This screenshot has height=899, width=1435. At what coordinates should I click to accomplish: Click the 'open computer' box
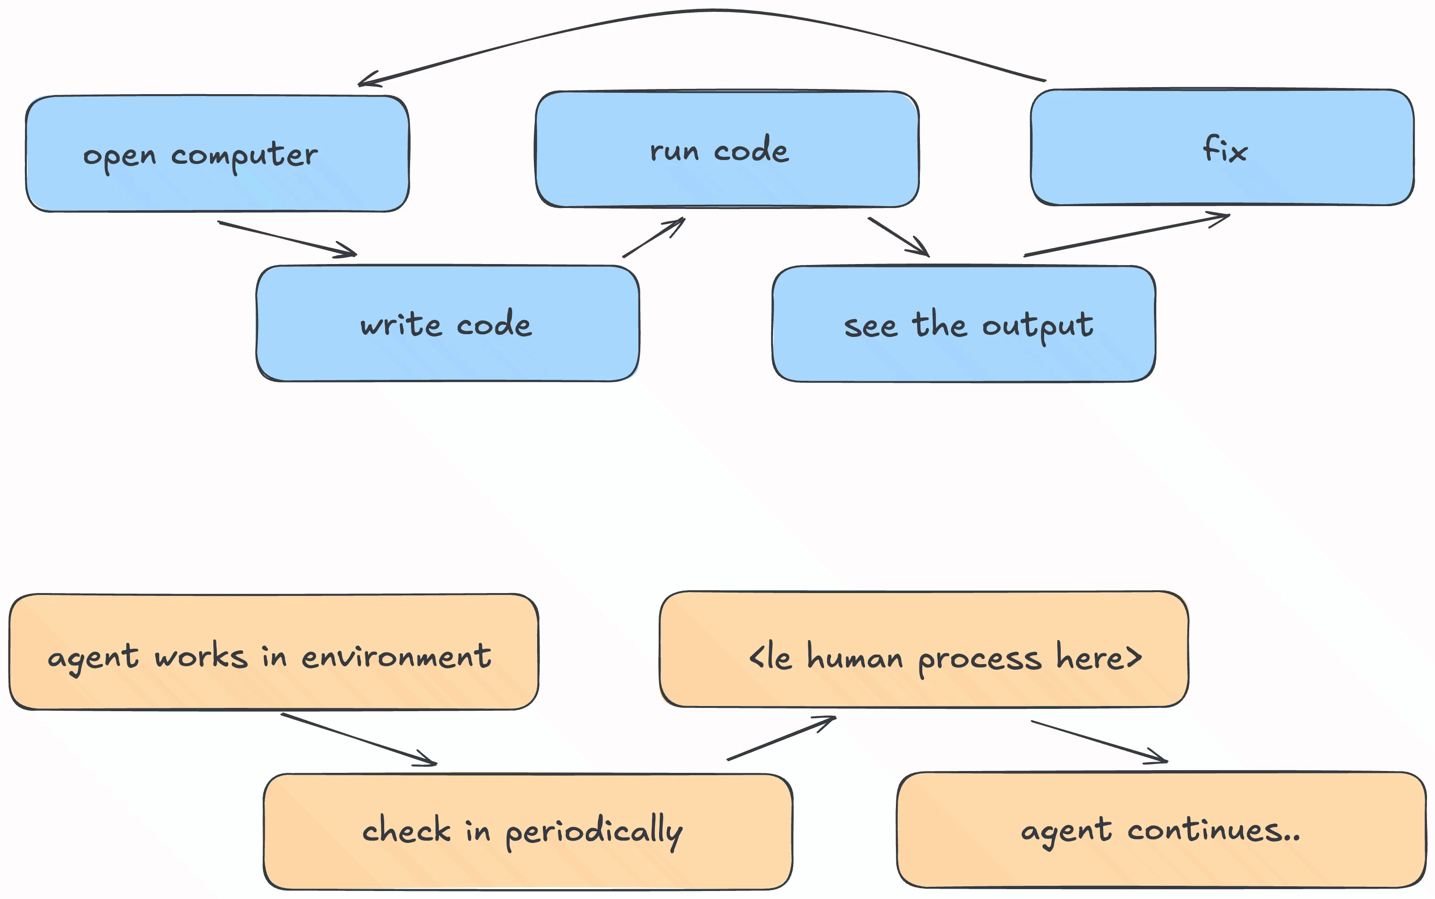(x=217, y=153)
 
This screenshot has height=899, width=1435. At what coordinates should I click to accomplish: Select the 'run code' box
(x=727, y=149)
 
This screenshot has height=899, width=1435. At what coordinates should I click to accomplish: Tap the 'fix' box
(x=1222, y=147)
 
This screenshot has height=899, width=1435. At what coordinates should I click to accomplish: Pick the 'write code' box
(x=447, y=323)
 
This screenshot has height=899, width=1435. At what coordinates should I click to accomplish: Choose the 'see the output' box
(x=963, y=324)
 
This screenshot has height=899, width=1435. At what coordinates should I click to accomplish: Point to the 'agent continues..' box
(x=1161, y=830)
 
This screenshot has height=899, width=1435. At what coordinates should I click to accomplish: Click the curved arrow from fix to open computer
(x=714, y=11)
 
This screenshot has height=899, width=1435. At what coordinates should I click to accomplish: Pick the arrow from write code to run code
(x=653, y=238)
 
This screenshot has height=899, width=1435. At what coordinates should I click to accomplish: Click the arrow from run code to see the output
(x=898, y=237)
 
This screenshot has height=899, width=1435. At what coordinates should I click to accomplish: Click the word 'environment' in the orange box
(x=396, y=657)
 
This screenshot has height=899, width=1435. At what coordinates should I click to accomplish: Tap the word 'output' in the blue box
(x=1037, y=326)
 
